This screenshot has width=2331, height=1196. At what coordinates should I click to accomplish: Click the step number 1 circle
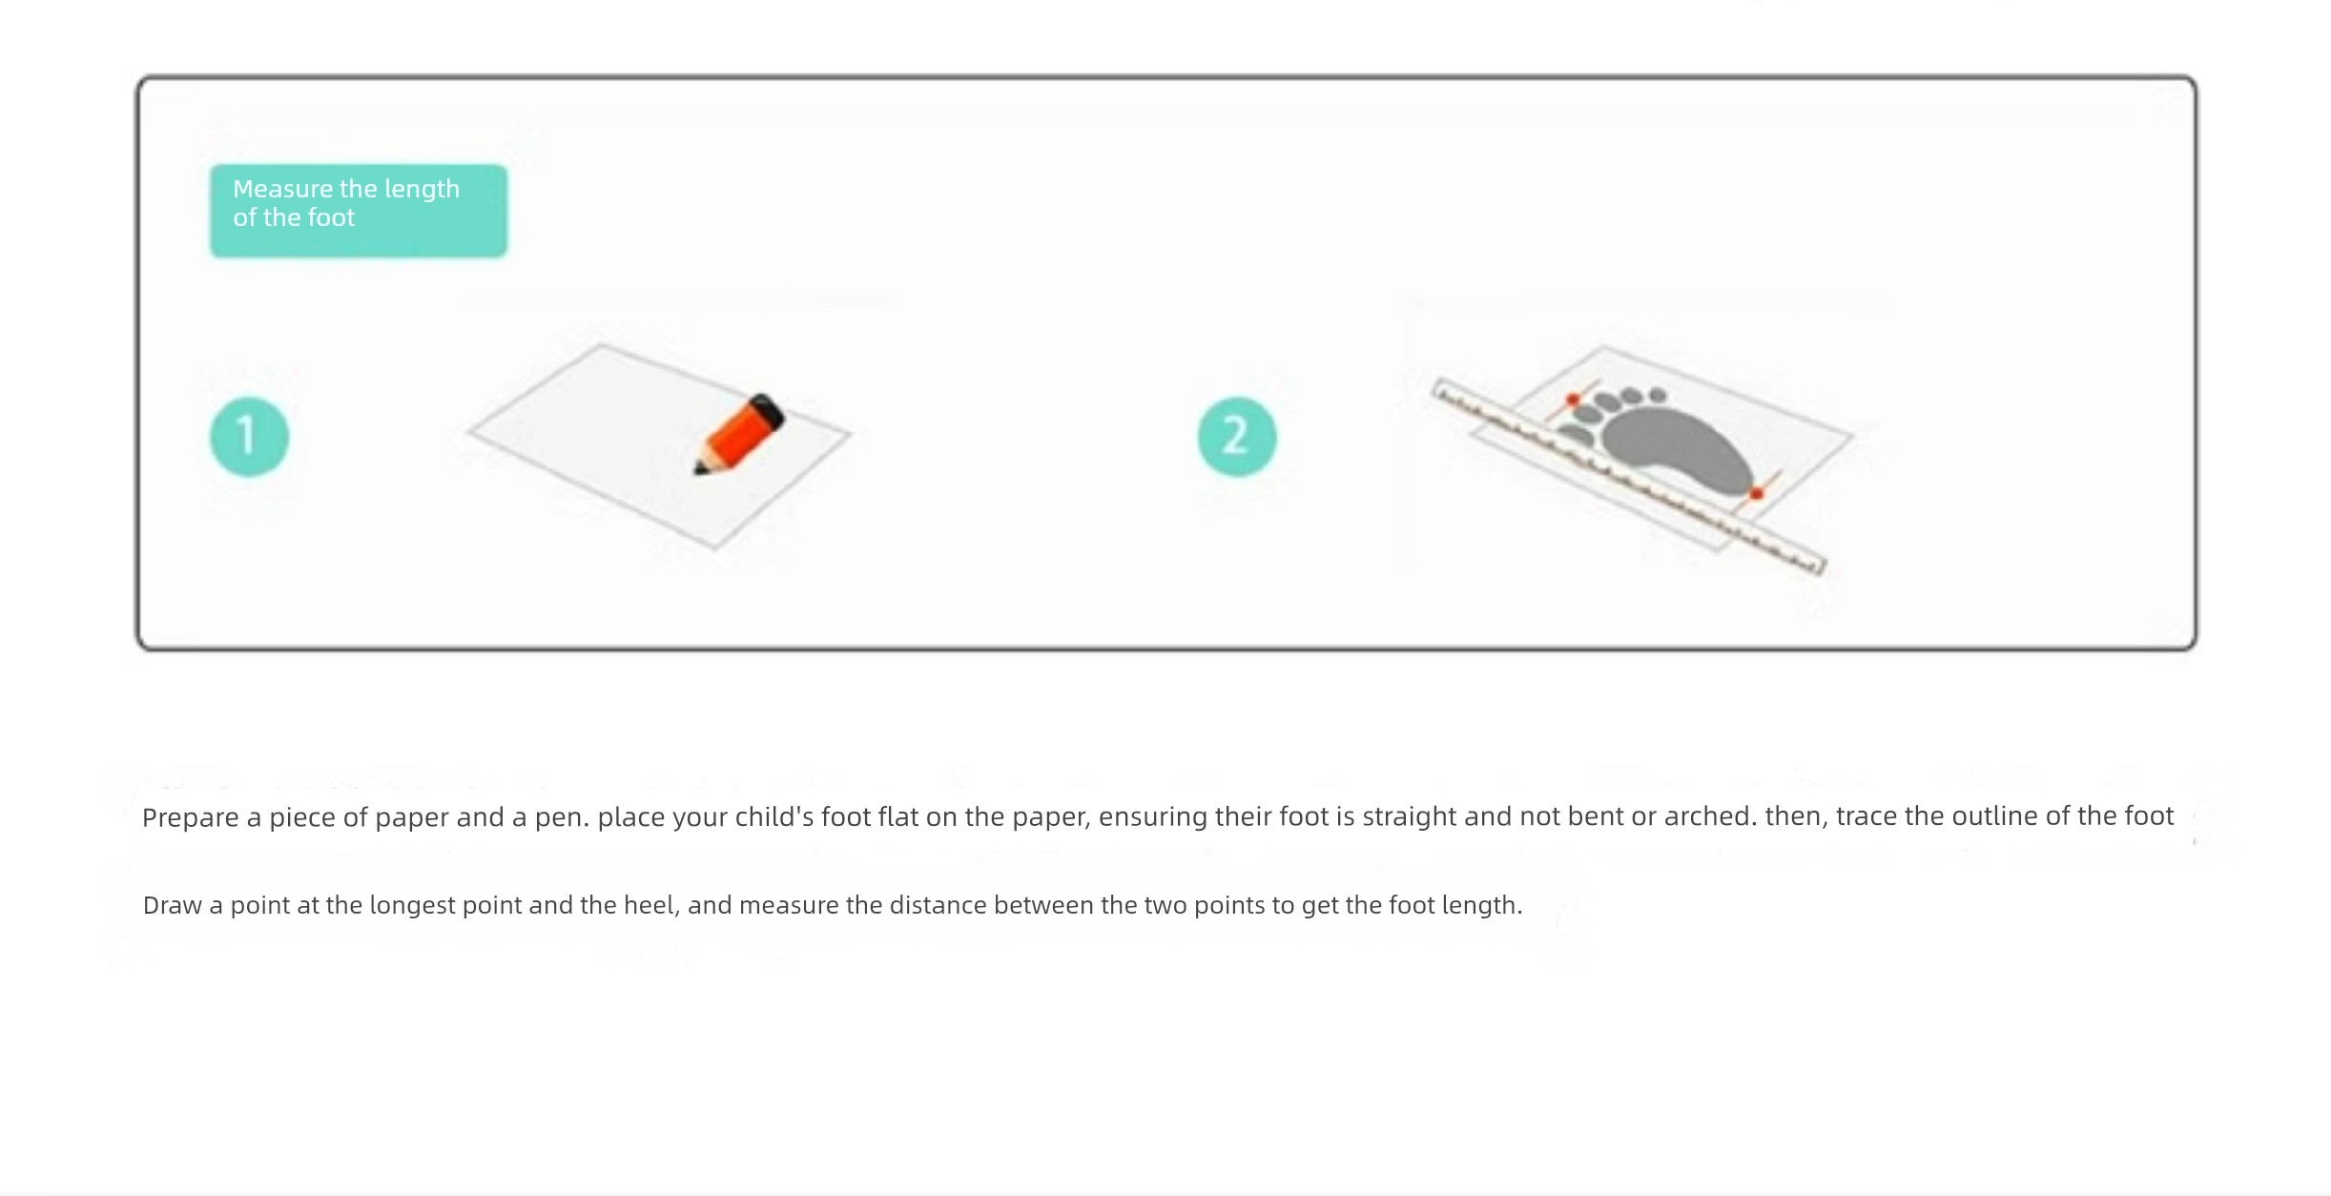pos(249,437)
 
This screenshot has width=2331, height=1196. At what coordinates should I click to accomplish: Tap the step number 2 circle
pos(1237,437)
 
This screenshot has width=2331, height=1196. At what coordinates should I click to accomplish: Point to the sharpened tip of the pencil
pos(697,470)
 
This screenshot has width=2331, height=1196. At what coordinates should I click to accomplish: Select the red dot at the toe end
pos(1572,400)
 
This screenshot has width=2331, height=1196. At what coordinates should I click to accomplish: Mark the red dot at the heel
pos(1757,493)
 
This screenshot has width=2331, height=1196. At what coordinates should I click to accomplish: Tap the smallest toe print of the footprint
pos(1658,395)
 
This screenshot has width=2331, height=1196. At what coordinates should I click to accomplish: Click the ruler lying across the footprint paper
pos(1628,476)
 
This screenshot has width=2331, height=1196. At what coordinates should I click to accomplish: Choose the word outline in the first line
pos(1994,816)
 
